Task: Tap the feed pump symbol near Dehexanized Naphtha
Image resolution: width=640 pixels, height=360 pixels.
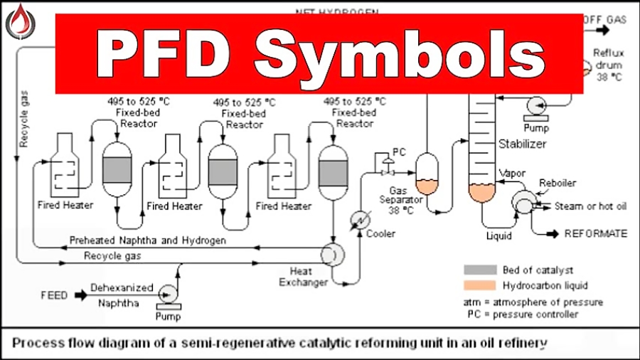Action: pyautogui.click(x=169, y=292)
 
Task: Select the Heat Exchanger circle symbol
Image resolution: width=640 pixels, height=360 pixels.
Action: pyautogui.click(x=331, y=253)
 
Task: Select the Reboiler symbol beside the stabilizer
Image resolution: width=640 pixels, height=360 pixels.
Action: pyautogui.click(x=527, y=201)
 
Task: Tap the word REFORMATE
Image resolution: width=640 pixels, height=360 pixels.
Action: pyautogui.click(x=596, y=233)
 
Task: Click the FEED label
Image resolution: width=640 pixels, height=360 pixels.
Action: pyautogui.click(x=55, y=293)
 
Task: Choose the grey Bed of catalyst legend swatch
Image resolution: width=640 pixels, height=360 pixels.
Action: pyautogui.click(x=479, y=270)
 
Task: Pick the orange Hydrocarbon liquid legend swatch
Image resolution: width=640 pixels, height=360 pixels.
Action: pyautogui.click(x=479, y=286)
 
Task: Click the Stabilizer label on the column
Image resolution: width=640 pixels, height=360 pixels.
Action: pyautogui.click(x=522, y=144)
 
